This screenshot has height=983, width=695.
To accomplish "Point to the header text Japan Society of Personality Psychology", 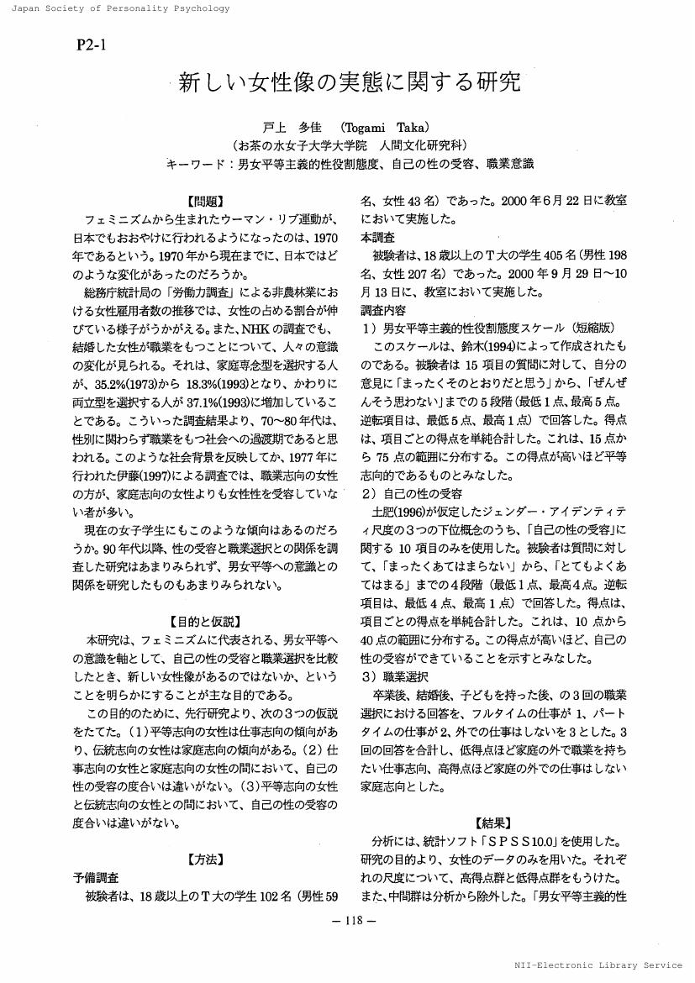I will point(115,8).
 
